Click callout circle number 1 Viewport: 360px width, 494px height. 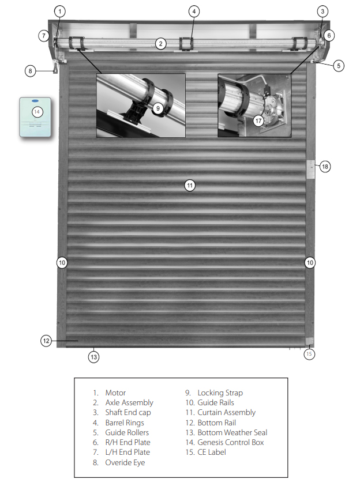pos(61,11)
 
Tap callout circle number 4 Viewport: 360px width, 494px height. pos(194,11)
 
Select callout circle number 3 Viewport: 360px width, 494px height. pos(322,11)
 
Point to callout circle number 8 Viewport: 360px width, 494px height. pos(30,71)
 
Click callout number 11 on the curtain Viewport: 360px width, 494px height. pos(190,185)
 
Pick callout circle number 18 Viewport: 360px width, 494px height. pos(325,167)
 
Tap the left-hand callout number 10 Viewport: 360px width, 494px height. pos(62,262)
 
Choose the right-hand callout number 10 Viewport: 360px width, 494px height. pos(310,262)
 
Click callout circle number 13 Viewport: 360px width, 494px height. pos(93,357)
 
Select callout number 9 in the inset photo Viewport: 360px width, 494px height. pos(158,108)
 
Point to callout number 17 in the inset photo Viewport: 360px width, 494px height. pos(258,120)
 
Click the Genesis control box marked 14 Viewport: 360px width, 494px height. pos(37,117)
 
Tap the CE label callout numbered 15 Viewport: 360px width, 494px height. pos(310,353)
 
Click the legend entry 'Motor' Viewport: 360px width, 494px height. pos(115,393)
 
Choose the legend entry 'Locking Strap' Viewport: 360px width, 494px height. pos(220,393)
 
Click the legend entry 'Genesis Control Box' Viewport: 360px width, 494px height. pos(230,442)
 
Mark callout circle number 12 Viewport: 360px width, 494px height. pos(46,341)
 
